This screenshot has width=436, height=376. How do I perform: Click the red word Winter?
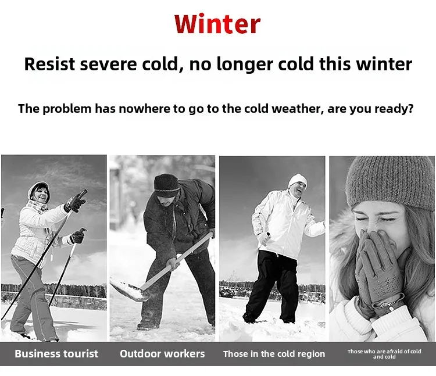point(217,24)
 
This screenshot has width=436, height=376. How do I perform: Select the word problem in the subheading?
point(67,108)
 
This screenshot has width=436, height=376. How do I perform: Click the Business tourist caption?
point(56,354)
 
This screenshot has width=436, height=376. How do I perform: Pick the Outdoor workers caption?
point(162,354)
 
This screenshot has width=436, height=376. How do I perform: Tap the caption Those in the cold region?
point(274,354)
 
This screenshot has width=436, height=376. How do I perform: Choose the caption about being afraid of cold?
point(384,354)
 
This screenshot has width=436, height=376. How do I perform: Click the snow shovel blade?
point(129,291)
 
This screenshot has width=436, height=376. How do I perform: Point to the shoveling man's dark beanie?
point(166,185)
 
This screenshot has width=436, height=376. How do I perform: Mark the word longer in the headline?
point(245,65)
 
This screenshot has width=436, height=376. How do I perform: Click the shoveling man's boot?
point(148,325)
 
